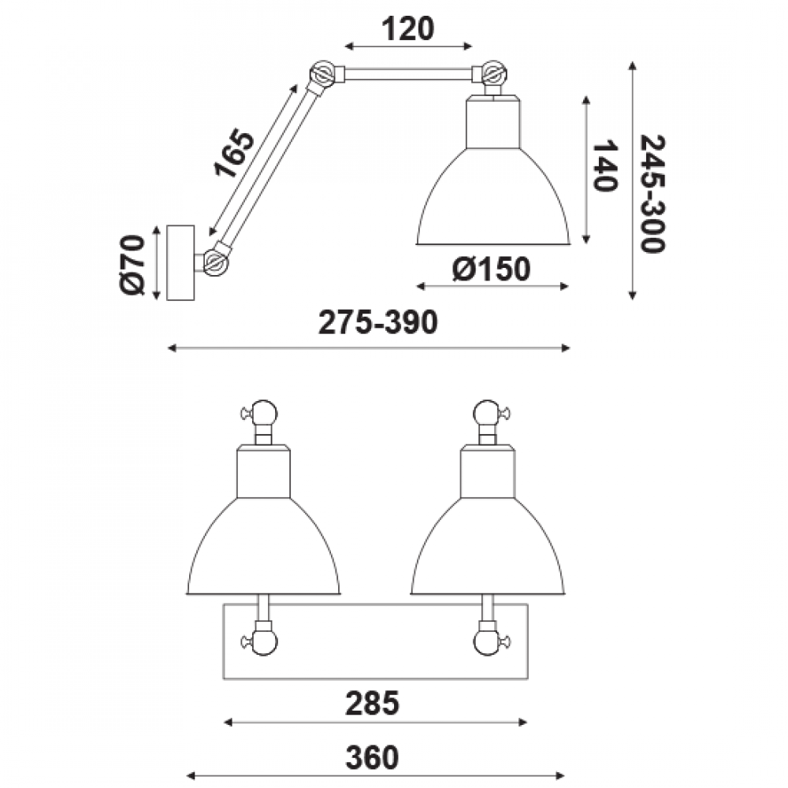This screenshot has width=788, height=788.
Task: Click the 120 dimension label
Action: pos(407,29)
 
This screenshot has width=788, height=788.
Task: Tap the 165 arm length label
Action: pos(235,154)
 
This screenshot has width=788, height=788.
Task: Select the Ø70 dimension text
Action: pos(132,264)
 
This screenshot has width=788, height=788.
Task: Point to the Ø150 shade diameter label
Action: pos(491,269)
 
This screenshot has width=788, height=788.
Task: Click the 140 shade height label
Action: pos(605,165)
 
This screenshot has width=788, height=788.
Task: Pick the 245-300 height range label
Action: pos(652,194)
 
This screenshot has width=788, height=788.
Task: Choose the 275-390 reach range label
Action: pos(378,322)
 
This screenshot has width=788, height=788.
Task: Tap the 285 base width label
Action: pos(372,703)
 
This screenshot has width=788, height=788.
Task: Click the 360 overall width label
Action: pos(372,758)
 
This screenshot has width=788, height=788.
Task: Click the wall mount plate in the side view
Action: pos(180,263)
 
